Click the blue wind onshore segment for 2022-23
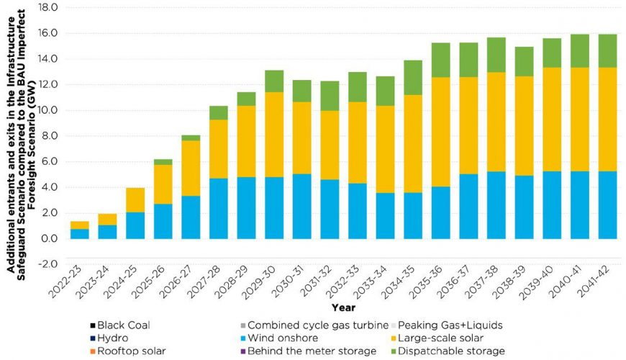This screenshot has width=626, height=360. pyautogui.click(x=80, y=233)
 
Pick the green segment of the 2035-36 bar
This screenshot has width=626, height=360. pyautogui.click(x=441, y=60)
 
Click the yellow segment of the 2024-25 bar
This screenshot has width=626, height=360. pyautogui.click(x=136, y=199)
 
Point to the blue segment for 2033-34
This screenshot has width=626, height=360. pyautogui.click(x=386, y=215)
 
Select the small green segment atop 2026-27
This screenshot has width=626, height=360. pyautogui.click(x=191, y=138)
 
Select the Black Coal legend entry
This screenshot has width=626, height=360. pyautogui.click(x=123, y=325)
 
